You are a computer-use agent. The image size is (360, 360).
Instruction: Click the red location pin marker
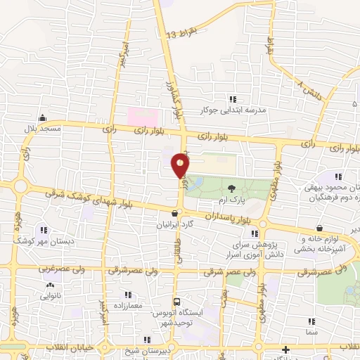[x=181, y=166]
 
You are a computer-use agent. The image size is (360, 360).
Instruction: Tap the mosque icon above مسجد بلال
[x=43, y=117]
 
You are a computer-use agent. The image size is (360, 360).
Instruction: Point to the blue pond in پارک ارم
[x=195, y=184]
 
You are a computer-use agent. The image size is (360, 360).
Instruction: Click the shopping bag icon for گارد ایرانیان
[x=174, y=212]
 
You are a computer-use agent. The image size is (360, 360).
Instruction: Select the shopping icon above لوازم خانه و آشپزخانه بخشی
[x=320, y=228]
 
